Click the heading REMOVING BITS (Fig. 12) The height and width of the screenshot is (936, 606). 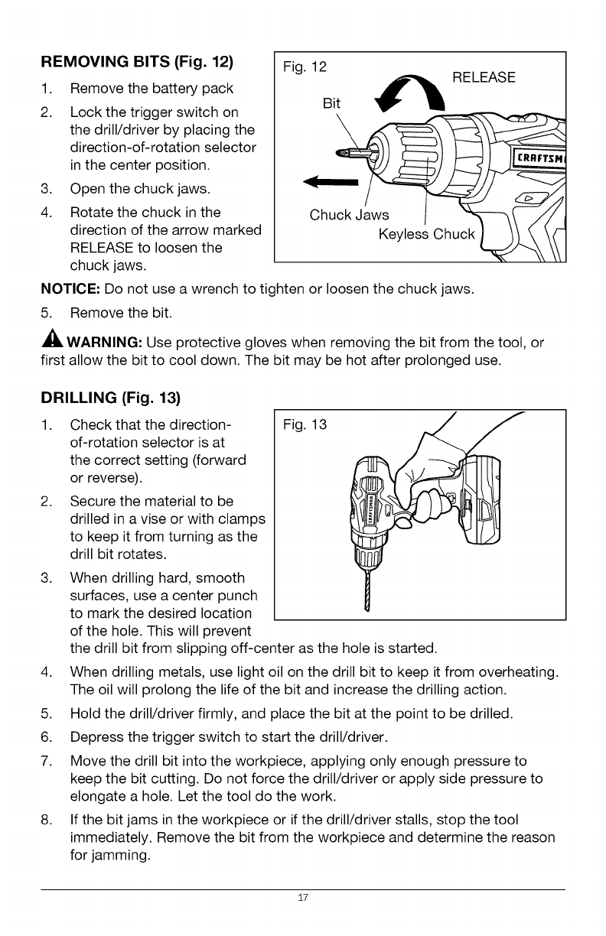[136, 61]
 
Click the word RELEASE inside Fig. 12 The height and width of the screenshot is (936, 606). [484, 78]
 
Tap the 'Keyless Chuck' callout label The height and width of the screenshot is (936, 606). [426, 233]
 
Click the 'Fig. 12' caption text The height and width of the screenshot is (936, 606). [305, 67]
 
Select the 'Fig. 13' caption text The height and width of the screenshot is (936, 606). [305, 424]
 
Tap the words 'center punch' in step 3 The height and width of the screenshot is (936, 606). [214, 596]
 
